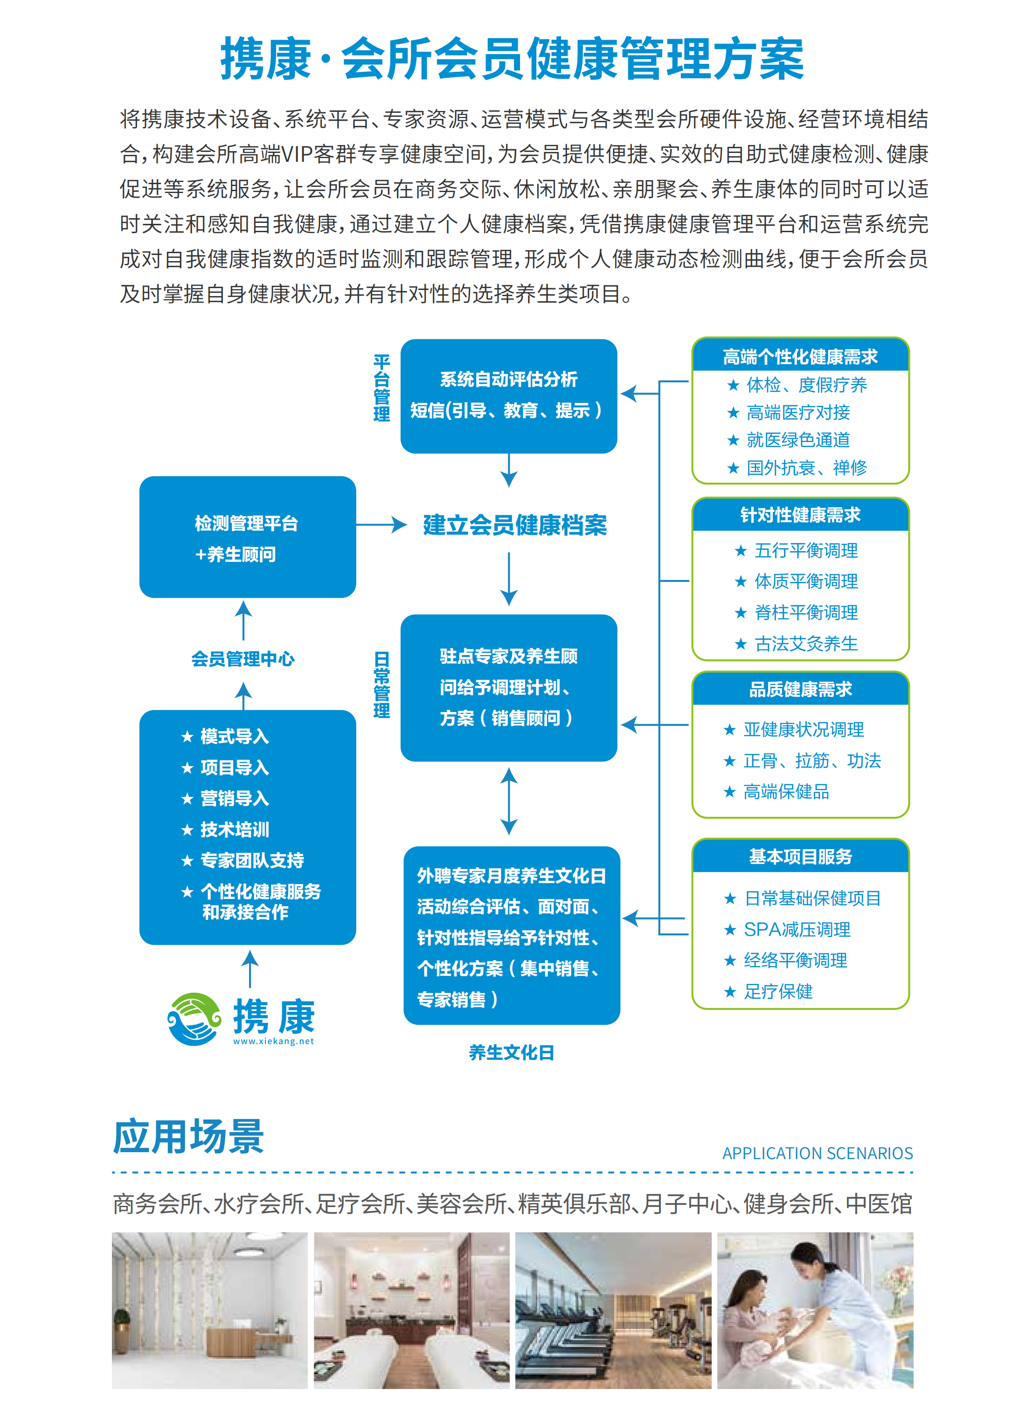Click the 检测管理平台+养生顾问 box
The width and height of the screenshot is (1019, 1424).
click(x=247, y=537)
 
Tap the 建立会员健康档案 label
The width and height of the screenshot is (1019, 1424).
click(x=514, y=525)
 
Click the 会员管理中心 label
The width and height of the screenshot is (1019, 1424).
click(x=243, y=659)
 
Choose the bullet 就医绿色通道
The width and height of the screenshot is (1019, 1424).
click(x=797, y=440)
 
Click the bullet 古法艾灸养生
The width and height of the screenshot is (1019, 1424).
click(x=806, y=643)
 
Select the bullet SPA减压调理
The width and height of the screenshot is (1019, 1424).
click(x=797, y=930)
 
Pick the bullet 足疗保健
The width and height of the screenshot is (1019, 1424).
click(x=778, y=992)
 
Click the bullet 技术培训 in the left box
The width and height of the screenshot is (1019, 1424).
click(x=234, y=830)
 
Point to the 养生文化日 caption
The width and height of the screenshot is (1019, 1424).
click(x=512, y=1053)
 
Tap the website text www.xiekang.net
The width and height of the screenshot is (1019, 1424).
click(x=273, y=1041)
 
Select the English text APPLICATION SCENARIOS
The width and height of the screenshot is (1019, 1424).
click(x=817, y=1153)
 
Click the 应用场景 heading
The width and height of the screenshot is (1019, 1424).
click(x=188, y=1137)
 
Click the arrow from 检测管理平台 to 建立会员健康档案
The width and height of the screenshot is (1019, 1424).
click(x=381, y=525)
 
